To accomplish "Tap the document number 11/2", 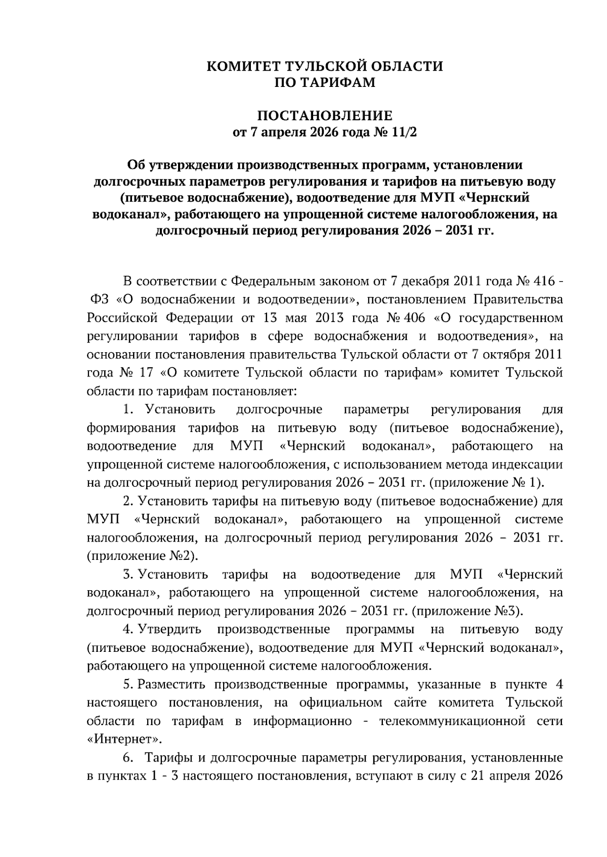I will click(405, 133).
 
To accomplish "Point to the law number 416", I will click(541, 281).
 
